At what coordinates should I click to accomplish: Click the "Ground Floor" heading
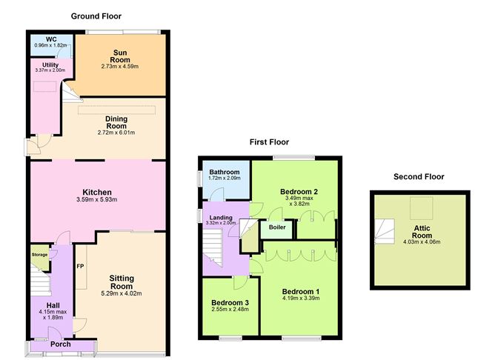coord(96,16)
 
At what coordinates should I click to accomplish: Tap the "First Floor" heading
coord(269,142)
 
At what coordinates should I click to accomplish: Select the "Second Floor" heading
coord(419,177)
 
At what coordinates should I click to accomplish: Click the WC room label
coord(51,39)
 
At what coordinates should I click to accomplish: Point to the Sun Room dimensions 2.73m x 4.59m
coord(120,67)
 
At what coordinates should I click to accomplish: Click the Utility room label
coord(50,65)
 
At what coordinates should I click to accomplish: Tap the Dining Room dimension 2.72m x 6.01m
coord(116,133)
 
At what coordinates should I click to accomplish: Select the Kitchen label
coord(97,192)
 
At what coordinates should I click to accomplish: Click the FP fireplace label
coord(80,266)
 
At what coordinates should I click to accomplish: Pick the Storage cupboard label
coord(39,255)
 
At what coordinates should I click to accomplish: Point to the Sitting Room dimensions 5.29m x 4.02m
coord(122,293)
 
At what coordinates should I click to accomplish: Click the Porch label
coord(61,344)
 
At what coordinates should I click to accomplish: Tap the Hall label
coord(53,305)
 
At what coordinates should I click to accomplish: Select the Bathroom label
coord(224,173)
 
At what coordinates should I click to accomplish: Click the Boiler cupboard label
coord(277,227)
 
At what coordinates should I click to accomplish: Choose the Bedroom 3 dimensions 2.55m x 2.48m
coord(230,309)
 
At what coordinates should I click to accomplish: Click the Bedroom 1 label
coord(301,292)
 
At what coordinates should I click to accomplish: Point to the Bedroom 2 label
coord(299,192)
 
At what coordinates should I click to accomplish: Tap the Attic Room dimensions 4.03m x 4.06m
coord(422,242)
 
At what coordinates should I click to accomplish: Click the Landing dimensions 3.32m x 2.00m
coord(221,223)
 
